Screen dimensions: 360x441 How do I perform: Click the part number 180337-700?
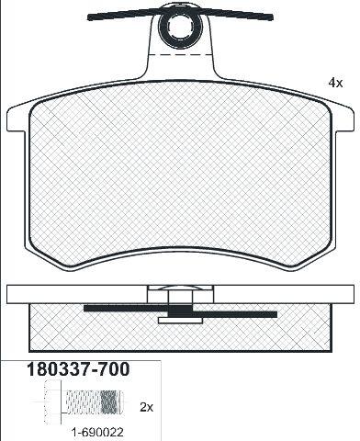click(78, 369)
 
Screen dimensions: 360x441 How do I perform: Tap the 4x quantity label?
click(335, 83)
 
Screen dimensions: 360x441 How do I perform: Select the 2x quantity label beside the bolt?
click(146, 407)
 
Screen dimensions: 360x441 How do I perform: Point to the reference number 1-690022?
click(97, 433)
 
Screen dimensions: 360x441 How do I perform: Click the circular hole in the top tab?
click(180, 26)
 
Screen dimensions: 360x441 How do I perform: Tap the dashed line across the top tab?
click(181, 55)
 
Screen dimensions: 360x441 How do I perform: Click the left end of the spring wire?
click(89, 17)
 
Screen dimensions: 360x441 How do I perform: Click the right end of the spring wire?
click(271, 17)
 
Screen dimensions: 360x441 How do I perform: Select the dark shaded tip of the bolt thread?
click(108, 401)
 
